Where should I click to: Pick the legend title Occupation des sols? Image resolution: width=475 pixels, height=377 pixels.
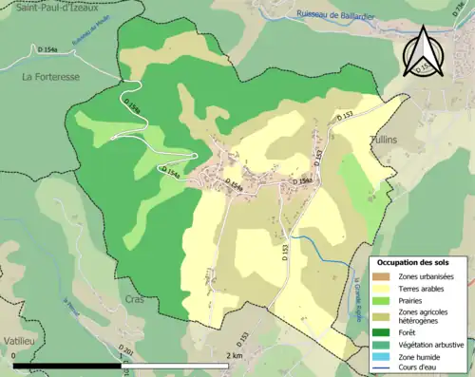(414, 262)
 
